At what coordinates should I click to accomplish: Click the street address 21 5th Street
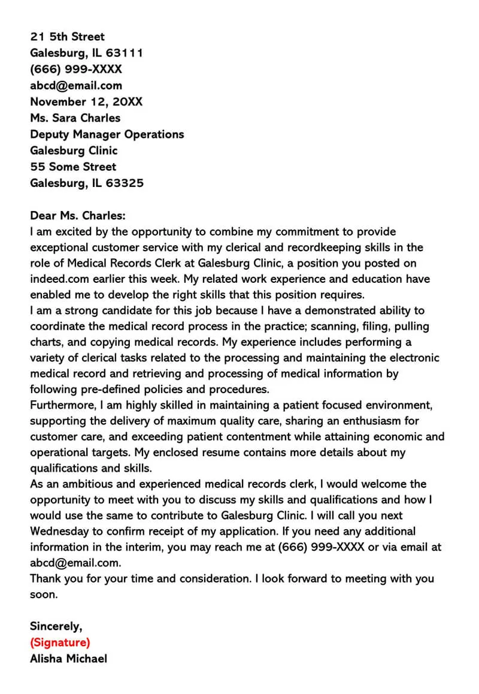pyautogui.click(x=67, y=37)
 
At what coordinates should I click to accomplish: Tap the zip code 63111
pyautogui.click(x=125, y=53)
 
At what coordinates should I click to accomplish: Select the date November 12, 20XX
pyautogui.click(x=86, y=101)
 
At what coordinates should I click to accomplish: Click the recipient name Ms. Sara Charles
pyautogui.click(x=75, y=117)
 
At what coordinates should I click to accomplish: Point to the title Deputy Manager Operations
pyautogui.click(x=107, y=134)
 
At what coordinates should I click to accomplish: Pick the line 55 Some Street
pyautogui.click(x=73, y=167)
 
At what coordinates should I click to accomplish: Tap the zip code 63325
pyautogui.click(x=125, y=183)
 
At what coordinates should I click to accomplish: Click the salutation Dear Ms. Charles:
pyautogui.click(x=78, y=215)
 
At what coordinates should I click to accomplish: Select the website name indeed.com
pyautogui.click(x=56, y=279)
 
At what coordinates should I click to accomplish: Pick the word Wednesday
pyautogui.click(x=63, y=532)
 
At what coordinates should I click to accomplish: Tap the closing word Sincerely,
pyautogui.click(x=56, y=626)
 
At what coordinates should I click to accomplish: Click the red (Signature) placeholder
pyautogui.click(x=60, y=643)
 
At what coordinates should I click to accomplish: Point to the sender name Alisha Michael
pyautogui.click(x=68, y=659)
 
